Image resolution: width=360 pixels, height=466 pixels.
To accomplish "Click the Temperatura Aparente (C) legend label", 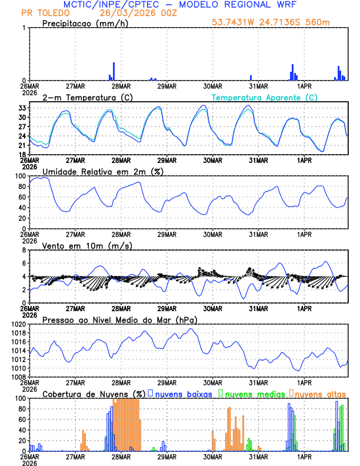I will [264, 97].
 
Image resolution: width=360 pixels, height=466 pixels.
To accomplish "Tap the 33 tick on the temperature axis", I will [21, 108].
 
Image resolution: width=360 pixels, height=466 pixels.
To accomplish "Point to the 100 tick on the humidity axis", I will [19, 176].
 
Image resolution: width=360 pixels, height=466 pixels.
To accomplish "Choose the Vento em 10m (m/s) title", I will [87, 245].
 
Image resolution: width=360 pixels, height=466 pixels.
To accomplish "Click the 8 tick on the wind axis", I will [24, 250].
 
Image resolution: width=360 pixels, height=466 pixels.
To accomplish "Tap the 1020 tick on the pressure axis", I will [17, 324].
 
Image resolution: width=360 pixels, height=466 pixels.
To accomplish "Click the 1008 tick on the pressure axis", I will [17, 377].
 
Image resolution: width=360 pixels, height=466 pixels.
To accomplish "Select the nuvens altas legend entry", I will [320, 393].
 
